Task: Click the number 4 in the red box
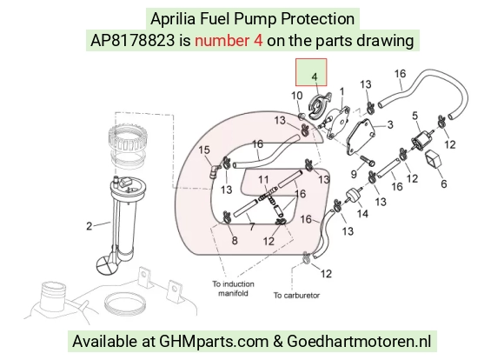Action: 315,77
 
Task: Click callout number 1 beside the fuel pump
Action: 342,91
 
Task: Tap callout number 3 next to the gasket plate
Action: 390,124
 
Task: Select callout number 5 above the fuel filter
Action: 415,116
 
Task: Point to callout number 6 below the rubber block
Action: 444,183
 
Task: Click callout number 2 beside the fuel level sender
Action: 89,226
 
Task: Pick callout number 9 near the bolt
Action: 354,174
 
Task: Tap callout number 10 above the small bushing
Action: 296,96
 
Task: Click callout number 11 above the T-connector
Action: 263,179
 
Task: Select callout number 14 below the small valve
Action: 362,213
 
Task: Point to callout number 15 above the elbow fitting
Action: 204,150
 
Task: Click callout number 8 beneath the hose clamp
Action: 235,240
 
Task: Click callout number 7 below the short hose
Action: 252,227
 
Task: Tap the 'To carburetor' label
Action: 296,296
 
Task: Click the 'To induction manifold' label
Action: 233,289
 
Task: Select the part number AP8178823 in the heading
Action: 132,41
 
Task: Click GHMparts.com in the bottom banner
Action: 214,342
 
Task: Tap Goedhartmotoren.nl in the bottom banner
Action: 359,341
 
